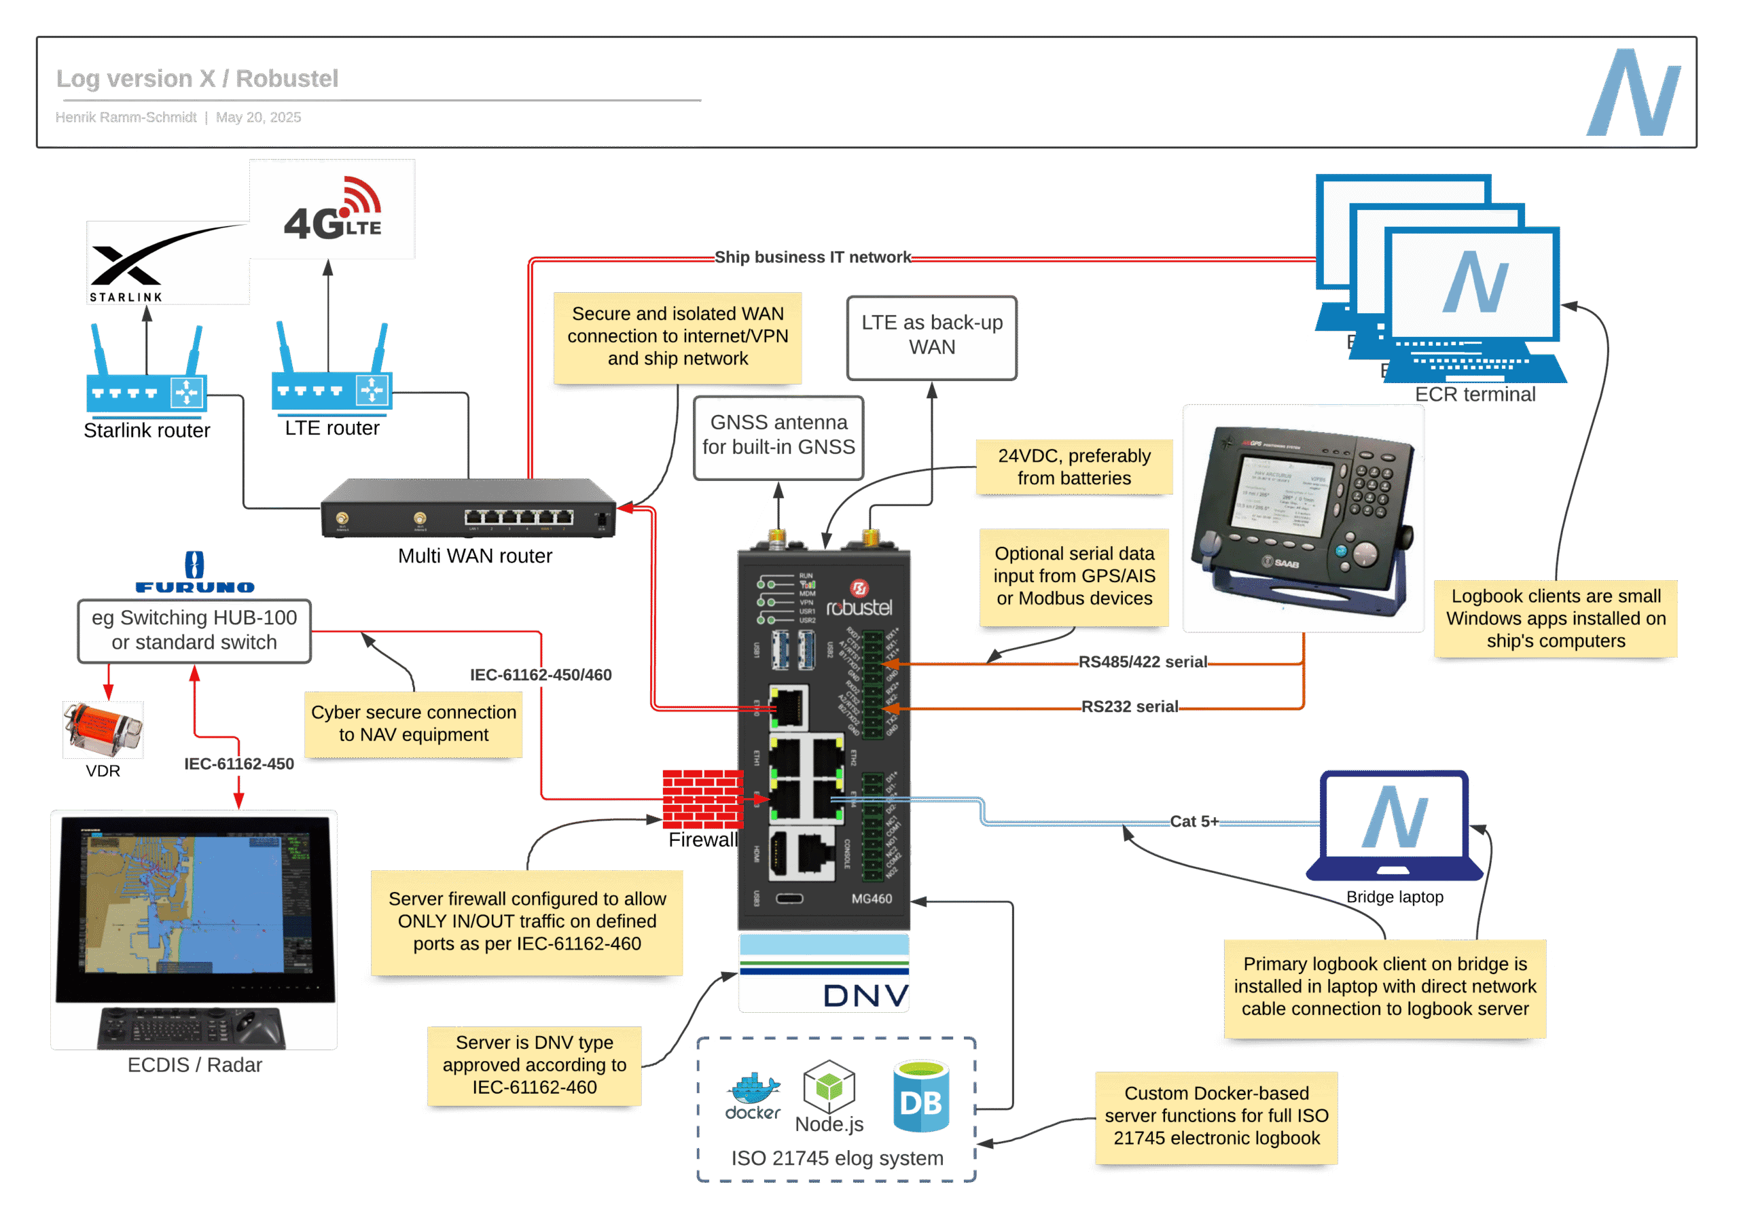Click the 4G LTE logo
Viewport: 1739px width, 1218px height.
click(x=332, y=210)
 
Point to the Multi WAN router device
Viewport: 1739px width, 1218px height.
click(x=469, y=508)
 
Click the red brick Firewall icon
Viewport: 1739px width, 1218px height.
click(x=702, y=798)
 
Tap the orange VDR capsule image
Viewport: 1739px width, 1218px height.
click(x=103, y=729)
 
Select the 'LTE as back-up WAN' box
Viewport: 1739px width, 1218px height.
click(x=931, y=336)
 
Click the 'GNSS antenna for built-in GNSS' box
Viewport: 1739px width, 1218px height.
click(x=778, y=436)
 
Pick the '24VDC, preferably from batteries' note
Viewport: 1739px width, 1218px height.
click(x=1073, y=467)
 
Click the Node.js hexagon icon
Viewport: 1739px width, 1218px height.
click(x=829, y=1086)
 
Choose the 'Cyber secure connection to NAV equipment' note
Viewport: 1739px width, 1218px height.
click(x=414, y=724)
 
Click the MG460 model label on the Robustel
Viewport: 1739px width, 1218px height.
click(x=871, y=898)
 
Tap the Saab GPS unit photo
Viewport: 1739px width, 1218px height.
click(x=1303, y=518)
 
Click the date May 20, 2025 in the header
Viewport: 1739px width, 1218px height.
click(x=258, y=118)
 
